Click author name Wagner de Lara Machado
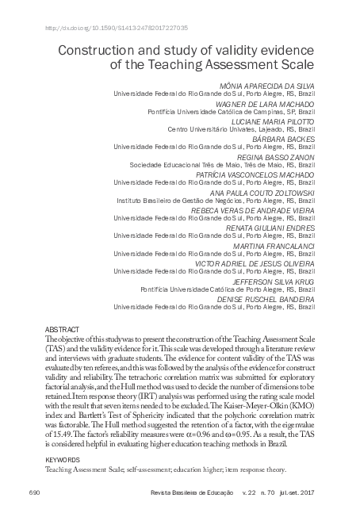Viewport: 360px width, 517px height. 270,103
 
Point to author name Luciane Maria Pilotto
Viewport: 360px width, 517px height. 273,121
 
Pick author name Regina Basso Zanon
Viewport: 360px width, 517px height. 279,156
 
